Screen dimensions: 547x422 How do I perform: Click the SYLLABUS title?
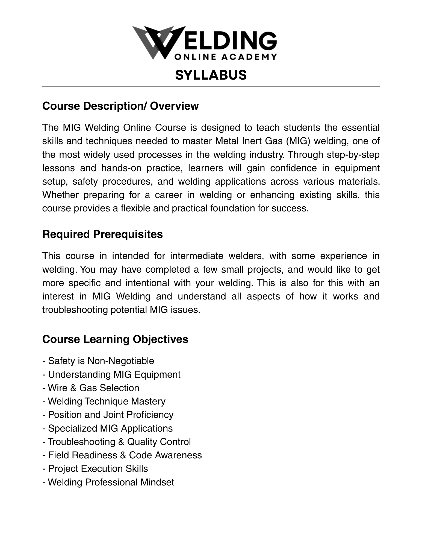click(x=211, y=75)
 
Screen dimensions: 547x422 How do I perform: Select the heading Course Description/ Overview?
click(x=120, y=106)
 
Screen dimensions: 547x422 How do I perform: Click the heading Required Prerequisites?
click(x=102, y=234)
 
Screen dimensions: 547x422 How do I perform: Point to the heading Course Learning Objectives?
click(x=115, y=339)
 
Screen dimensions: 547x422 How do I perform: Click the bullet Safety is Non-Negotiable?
click(x=98, y=361)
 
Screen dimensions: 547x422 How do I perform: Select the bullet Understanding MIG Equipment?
click(x=111, y=374)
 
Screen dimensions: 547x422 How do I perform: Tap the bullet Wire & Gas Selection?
click(x=91, y=388)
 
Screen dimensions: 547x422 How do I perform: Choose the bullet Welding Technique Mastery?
click(x=104, y=401)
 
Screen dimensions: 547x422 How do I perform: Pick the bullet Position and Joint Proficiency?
click(x=108, y=415)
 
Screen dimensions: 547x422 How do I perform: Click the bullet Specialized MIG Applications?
click(x=108, y=428)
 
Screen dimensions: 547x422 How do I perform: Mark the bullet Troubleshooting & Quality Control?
click(x=117, y=442)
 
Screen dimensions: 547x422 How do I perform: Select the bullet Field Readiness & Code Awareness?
click(x=122, y=455)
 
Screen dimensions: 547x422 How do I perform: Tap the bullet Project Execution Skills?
click(x=95, y=469)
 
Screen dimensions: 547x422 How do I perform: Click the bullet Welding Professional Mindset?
click(x=108, y=482)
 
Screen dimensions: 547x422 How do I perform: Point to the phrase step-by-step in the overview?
click(x=353, y=155)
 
